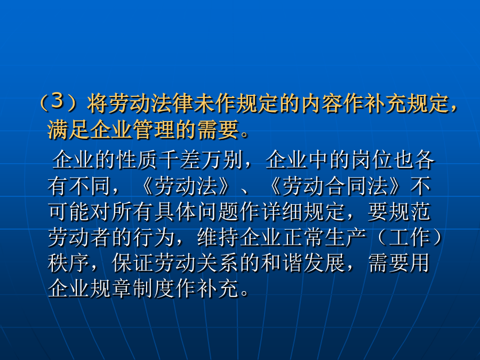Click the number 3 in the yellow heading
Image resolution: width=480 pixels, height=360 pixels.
pyautogui.click(x=57, y=101)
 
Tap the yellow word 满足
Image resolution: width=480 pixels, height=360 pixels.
pyautogui.click(x=68, y=130)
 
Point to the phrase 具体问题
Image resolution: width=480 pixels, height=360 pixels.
pyautogui.click(x=197, y=212)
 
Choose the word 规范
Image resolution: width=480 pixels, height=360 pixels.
pyautogui.click(x=410, y=212)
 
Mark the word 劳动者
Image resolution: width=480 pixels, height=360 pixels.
pyautogui.click(x=79, y=237)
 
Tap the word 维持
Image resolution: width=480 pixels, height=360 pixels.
pyautogui.click(x=218, y=237)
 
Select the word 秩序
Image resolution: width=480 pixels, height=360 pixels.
pyautogui.click(x=69, y=263)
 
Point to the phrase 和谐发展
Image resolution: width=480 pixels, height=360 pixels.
pyautogui.click(x=303, y=263)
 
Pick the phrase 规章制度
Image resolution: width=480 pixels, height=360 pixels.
pyautogui.click(x=133, y=289)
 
